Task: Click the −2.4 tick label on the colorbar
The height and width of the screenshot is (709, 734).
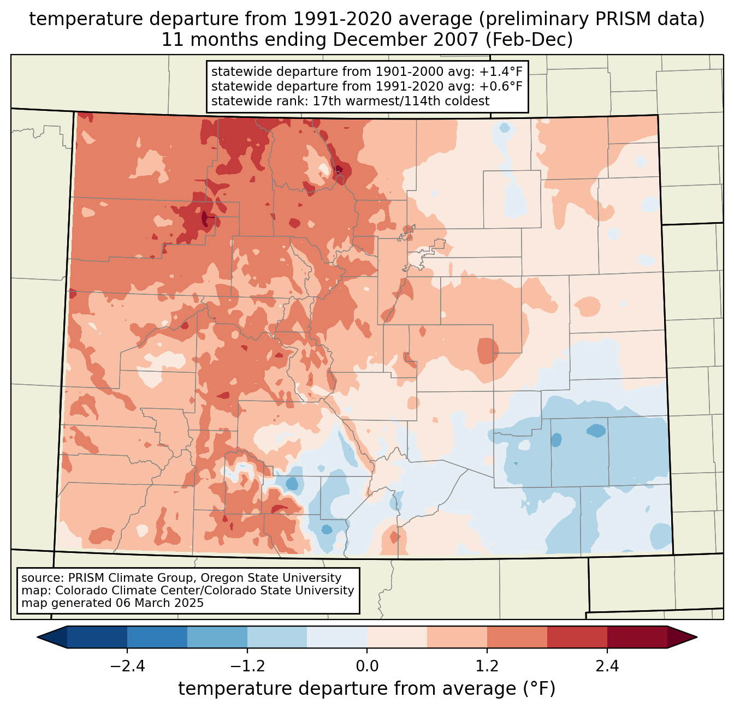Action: (x=127, y=666)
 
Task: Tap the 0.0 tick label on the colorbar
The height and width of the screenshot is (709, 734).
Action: (x=367, y=666)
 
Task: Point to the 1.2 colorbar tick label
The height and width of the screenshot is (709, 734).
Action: (x=487, y=666)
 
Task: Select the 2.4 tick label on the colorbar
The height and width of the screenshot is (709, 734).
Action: (x=607, y=666)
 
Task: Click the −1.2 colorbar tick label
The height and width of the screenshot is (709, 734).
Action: (x=247, y=666)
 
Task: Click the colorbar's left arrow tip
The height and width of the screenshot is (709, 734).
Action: (x=39, y=637)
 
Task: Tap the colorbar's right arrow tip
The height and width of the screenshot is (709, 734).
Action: (x=696, y=637)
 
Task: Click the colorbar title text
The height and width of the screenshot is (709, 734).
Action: (x=367, y=689)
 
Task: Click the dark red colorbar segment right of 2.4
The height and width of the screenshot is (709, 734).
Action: (x=637, y=637)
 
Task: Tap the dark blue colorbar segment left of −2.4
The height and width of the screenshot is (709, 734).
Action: (x=97, y=637)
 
